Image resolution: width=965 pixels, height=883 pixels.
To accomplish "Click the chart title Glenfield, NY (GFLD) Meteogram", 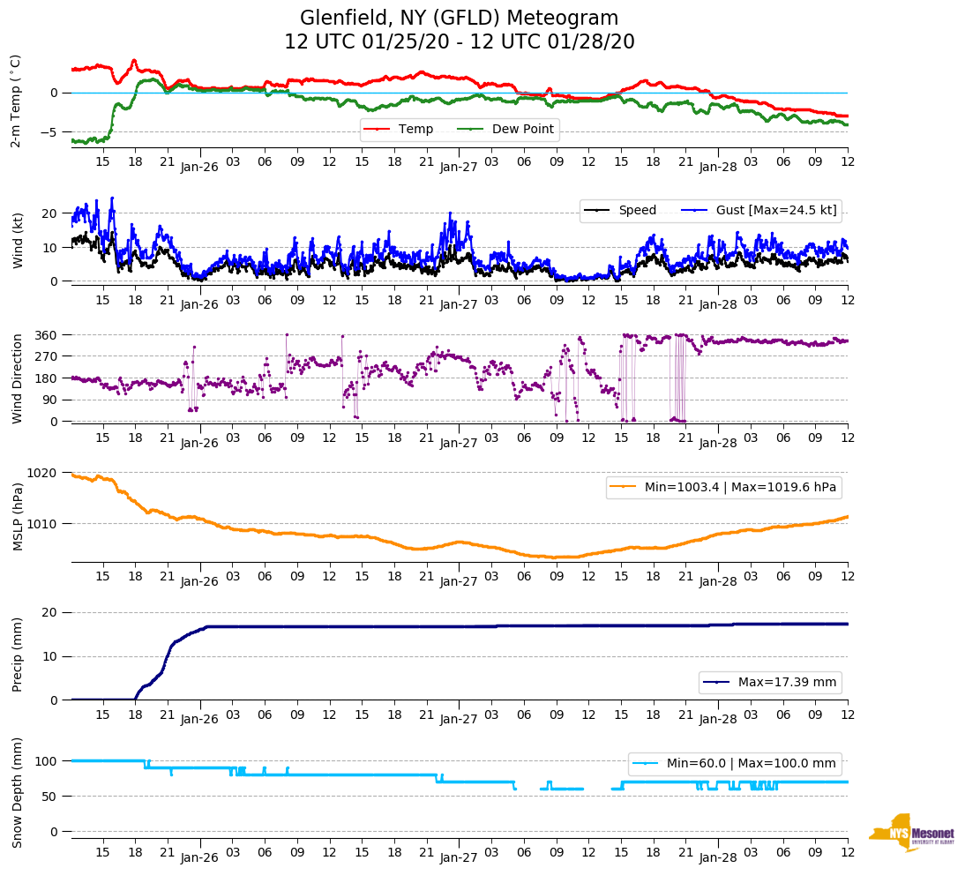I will pos(459,19).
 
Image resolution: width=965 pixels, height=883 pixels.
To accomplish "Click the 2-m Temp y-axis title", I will pos(16,101).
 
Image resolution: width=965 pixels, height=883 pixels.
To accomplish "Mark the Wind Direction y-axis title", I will pos(17,378).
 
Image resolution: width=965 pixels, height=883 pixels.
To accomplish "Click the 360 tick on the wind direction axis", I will pos(48,335).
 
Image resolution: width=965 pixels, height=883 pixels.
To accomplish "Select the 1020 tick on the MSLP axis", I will pos(44,473).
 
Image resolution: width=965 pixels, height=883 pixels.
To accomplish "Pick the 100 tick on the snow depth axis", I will pos(48,761).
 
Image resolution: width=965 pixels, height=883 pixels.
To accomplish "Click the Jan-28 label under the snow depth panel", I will pos(718,857).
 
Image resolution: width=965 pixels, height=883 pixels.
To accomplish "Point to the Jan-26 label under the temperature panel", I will pos(199,166).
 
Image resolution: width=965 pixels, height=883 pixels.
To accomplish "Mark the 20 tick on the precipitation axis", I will pos(51,613).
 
